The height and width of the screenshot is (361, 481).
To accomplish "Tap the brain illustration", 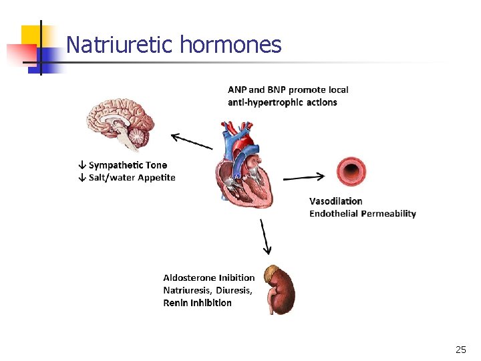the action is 121,124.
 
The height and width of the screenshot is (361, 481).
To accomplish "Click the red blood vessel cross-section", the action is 350,172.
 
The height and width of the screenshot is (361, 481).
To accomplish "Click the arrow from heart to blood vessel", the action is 304,177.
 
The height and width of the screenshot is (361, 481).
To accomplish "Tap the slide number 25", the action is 461,350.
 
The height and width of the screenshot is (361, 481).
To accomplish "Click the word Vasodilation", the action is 336,201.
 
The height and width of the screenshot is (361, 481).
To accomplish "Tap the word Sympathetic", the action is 116,165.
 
